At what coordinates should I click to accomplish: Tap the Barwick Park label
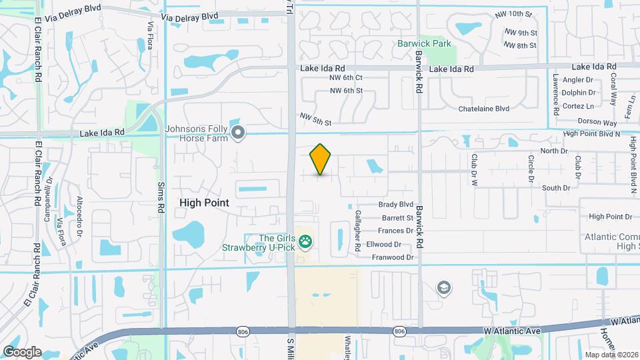click(424, 44)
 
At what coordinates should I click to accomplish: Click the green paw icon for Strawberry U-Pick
click(306, 242)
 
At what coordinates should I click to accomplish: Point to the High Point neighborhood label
click(204, 202)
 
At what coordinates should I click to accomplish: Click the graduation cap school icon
click(443, 288)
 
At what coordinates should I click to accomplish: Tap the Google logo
click(22, 351)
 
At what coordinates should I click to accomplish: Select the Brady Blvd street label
click(396, 205)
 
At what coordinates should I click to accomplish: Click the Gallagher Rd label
click(358, 237)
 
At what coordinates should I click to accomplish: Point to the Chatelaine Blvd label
click(483, 108)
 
